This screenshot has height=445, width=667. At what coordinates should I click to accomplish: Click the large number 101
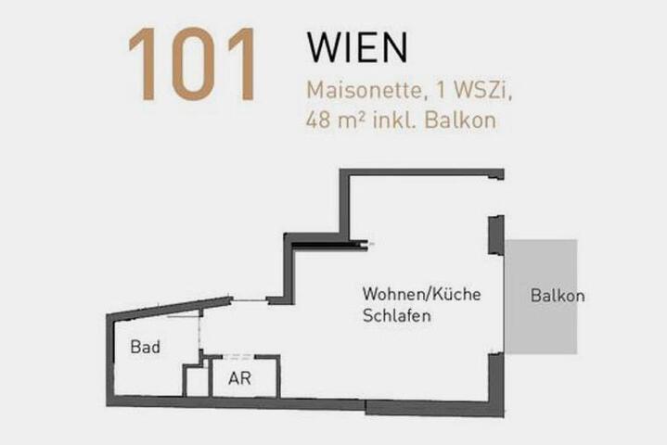pos(192,64)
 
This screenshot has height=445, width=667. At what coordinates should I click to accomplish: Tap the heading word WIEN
pos(357,47)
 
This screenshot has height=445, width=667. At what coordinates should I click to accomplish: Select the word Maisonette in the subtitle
pos(364,90)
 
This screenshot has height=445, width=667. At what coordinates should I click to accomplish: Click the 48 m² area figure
pos(335,120)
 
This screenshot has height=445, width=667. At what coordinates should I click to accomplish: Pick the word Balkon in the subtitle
pos(460,120)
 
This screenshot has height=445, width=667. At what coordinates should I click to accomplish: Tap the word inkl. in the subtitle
pos(394,120)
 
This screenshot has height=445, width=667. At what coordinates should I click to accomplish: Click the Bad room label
pos(146,347)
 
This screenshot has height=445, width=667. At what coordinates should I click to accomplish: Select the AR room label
pos(239,378)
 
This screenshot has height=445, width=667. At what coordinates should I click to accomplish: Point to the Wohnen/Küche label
pos(421,294)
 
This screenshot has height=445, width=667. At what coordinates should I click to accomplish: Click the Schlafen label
pos(396,316)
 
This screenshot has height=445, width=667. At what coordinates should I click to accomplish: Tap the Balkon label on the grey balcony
pos(558,296)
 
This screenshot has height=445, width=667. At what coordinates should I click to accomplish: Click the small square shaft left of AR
pos(197,381)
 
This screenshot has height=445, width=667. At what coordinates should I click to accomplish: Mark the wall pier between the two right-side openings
pos(496,235)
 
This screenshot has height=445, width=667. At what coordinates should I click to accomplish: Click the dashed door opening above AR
pos(238,356)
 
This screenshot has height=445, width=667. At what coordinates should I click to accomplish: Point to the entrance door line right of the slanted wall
pos(250,300)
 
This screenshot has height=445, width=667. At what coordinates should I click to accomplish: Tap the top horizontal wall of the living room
pos(421,172)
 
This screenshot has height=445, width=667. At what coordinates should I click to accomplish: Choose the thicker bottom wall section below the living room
pos(435,408)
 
